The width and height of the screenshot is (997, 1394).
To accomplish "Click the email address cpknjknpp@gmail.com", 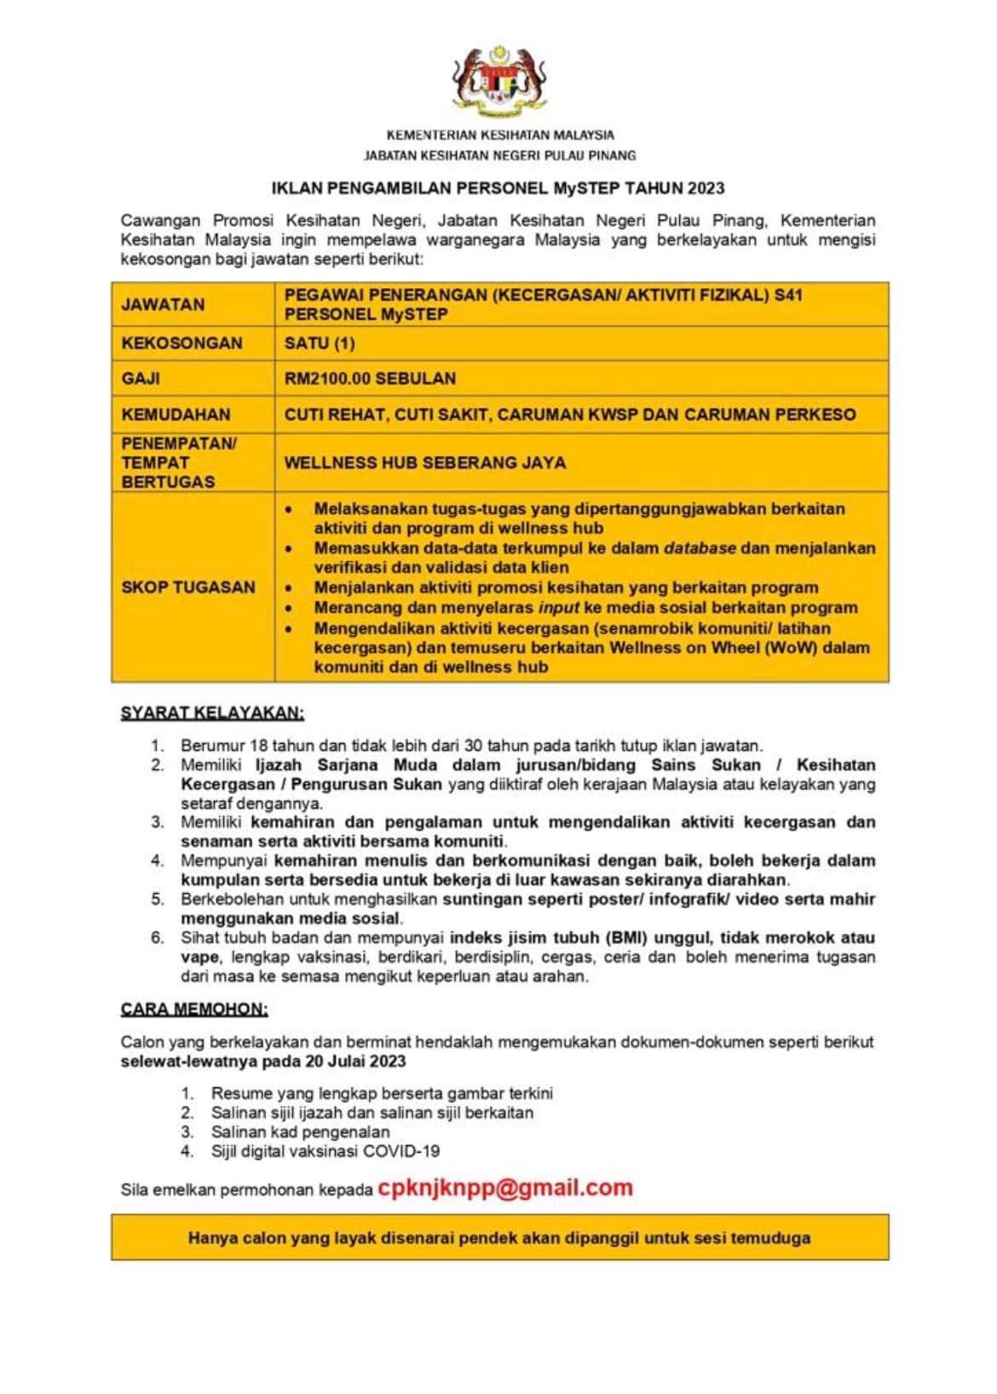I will [x=504, y=1188].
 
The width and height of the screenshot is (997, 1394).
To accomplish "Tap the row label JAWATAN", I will [x=163, y=304].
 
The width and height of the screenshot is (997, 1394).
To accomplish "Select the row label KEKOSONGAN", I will [x=182, y=343].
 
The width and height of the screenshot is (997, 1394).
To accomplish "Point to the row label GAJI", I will [x=141, y=378].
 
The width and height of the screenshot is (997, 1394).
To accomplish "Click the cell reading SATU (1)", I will [x=320, y=343].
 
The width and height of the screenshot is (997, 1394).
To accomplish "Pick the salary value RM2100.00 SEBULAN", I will [x=370, y=378].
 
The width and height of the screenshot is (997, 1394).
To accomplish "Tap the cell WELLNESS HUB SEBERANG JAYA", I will [x=424, y=463].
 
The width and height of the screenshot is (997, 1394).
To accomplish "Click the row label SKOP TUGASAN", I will [x=188, y=587].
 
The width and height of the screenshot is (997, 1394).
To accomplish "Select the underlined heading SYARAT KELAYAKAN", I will [x=212, y=712].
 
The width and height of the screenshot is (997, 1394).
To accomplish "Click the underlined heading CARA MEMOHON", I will [x=194, y=1010].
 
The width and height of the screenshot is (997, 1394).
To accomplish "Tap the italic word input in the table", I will [x=558, y=608].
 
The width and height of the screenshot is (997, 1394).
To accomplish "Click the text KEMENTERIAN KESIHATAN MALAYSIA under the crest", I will [x=500, y=135].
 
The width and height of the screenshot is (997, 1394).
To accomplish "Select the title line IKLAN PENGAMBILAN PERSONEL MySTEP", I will [x=498, y=187].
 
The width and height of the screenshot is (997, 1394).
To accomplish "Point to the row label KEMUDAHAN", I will [x=176, y=415].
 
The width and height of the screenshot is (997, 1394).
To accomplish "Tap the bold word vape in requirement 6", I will [x=199, y=957].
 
